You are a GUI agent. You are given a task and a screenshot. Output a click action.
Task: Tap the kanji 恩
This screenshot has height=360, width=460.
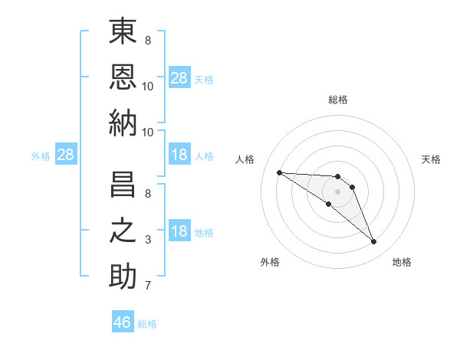(x=123, y=77)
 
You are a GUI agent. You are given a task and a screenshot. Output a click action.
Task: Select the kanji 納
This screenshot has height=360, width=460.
(x=123, y=122)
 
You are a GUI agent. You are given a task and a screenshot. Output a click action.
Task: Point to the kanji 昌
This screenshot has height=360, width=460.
(x=123, y=187)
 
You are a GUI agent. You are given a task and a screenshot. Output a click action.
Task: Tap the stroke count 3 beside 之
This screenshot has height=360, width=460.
(x=148, y=240)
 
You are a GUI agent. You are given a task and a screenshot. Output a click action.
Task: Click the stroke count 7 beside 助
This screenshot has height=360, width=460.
(x=148, y=286)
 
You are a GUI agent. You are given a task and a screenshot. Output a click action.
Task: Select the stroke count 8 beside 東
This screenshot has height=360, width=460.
(x=148, y=40)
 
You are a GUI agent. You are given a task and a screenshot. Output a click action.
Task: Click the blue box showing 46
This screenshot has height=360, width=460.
(x=123, y=322)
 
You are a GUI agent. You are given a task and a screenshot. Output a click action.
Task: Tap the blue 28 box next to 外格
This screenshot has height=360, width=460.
(x=65, y=155)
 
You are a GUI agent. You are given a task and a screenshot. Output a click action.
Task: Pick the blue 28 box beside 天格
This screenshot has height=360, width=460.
(x=179, y=77)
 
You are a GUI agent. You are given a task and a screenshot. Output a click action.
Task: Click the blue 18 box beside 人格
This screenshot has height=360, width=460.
(x=179, y=155)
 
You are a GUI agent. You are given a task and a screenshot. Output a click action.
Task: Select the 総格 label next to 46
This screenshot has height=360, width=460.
(x=147, y=323)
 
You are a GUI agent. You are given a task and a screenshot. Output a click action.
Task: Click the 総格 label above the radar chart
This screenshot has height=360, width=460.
(x=338, y=100)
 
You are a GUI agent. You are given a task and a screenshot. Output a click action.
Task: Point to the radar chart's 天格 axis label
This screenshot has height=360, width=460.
(x=432, y=159)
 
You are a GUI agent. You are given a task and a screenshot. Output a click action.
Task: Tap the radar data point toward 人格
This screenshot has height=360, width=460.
(x=279, y=172)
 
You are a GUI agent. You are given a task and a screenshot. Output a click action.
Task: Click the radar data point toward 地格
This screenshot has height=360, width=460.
(x=374, y=242)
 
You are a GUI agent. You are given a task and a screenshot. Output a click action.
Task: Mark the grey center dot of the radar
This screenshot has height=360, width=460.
(x=338, y=191)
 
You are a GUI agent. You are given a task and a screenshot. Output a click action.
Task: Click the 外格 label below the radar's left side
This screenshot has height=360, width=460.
(x=270, y=262)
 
